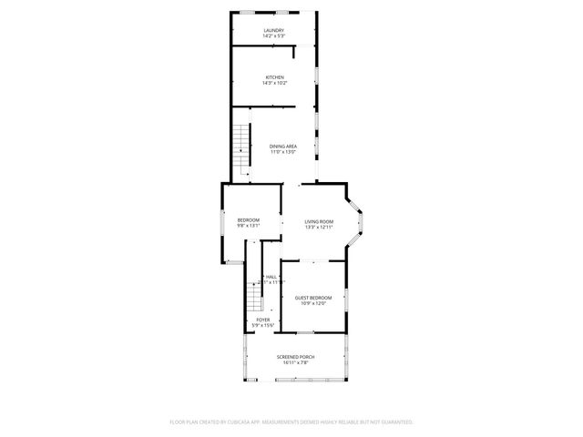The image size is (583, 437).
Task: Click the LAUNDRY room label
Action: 274,31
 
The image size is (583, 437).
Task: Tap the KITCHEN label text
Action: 274,77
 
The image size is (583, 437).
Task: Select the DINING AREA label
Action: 283,147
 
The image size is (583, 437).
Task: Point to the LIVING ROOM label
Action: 319,221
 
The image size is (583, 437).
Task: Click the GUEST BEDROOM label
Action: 312,298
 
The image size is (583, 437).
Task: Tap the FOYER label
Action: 262,320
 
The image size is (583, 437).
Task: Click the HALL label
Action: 271,277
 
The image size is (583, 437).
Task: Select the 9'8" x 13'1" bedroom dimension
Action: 249,226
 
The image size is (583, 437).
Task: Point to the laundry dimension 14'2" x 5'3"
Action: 274,36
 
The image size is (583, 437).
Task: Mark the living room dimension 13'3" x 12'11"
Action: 319,227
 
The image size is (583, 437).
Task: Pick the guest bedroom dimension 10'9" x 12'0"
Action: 312,304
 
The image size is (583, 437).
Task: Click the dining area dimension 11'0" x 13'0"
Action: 283,152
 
